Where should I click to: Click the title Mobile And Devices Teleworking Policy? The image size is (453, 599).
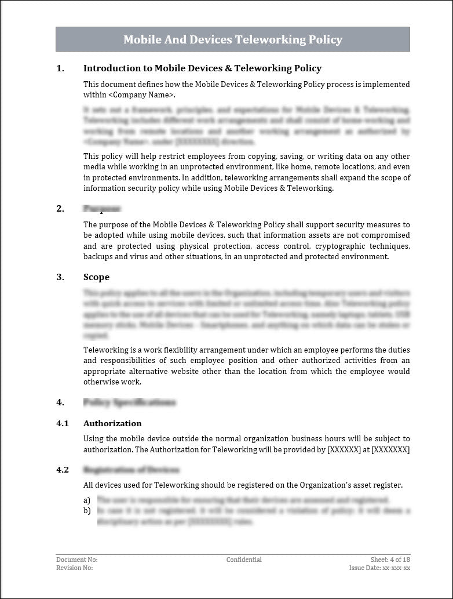tap(232, 39)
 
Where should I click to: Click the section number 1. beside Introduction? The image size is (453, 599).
tap(60, 68)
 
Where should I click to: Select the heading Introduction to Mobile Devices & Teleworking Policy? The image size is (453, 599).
tap(202, 68)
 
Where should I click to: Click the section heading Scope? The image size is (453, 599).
tap(96, 277)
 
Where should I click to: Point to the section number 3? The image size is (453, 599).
tap(60, 277)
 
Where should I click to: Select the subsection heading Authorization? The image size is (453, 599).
tap(112, 423)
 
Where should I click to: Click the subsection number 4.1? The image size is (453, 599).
tap(63, 423)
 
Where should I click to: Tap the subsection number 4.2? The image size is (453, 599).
tap(63, 470)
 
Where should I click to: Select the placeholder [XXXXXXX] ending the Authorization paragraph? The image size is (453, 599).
tap(390, 450)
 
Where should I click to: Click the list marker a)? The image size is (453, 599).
tap(87, 500)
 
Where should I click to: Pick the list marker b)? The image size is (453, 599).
tap(87, 510)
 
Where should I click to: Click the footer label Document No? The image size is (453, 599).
tap(77, 560)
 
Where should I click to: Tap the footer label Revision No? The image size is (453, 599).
tap(75, 568)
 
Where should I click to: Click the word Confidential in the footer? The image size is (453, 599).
tap(244, 560)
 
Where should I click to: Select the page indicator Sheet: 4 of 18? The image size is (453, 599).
tap(390, 560)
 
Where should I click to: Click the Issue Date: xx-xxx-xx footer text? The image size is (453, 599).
tap(379, 568)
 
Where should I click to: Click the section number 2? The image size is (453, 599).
tap(60, 209)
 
